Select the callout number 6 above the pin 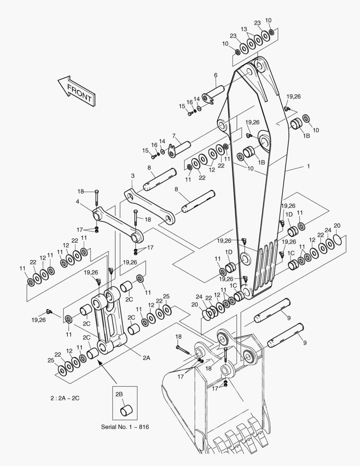(x=215, y=75)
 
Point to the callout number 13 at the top (x=244, y=29)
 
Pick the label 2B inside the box (x=119, y=394)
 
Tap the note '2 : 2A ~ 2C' (x=65, y=397)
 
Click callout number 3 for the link (x=133, y=176)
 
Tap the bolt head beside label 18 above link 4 (x=96, y=191)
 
